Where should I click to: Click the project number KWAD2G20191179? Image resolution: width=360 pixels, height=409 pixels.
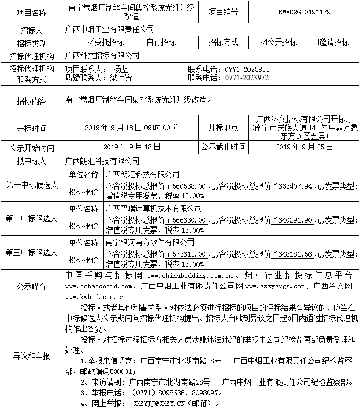(304, 11)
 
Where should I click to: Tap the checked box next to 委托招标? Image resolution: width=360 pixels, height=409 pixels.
(90, 42)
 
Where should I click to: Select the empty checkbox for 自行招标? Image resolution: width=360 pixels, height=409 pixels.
(142, 42)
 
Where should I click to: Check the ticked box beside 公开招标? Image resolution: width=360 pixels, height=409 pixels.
(264, 42)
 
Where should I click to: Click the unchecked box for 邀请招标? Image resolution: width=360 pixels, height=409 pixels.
(316, 42)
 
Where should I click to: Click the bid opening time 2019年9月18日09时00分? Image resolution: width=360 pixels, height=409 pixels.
(132, 128)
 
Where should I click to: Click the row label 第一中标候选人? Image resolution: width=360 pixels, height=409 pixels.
(31, 184)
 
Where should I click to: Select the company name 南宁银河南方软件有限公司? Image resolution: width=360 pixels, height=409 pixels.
(150, 242)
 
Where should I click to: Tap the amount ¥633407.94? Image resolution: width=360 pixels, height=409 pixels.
(297, 186)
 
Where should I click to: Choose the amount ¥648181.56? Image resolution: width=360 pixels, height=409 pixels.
(297, 254)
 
